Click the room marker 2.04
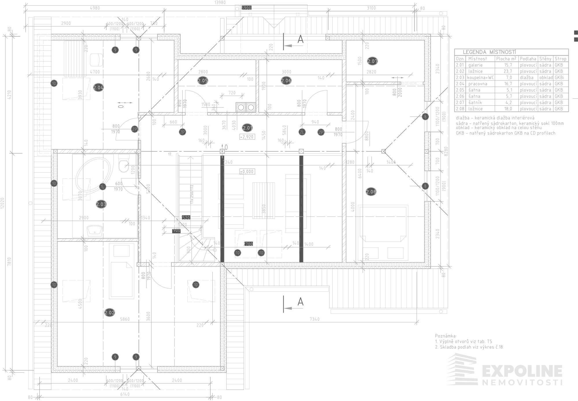(99, 87)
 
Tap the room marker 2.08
(371, 192)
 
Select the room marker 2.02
(110, 312)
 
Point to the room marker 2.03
(101, 205)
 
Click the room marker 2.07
(373, 61)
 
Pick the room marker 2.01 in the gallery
(248, 128)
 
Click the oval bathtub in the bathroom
(93, 174)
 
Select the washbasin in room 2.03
(95, 230)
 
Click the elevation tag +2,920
(247, 137)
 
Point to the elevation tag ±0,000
(247, 171)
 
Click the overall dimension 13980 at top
(220, 3)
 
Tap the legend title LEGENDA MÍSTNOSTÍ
(489, 52)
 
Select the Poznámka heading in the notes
(446, 336)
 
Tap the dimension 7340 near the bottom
(314, 319)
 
